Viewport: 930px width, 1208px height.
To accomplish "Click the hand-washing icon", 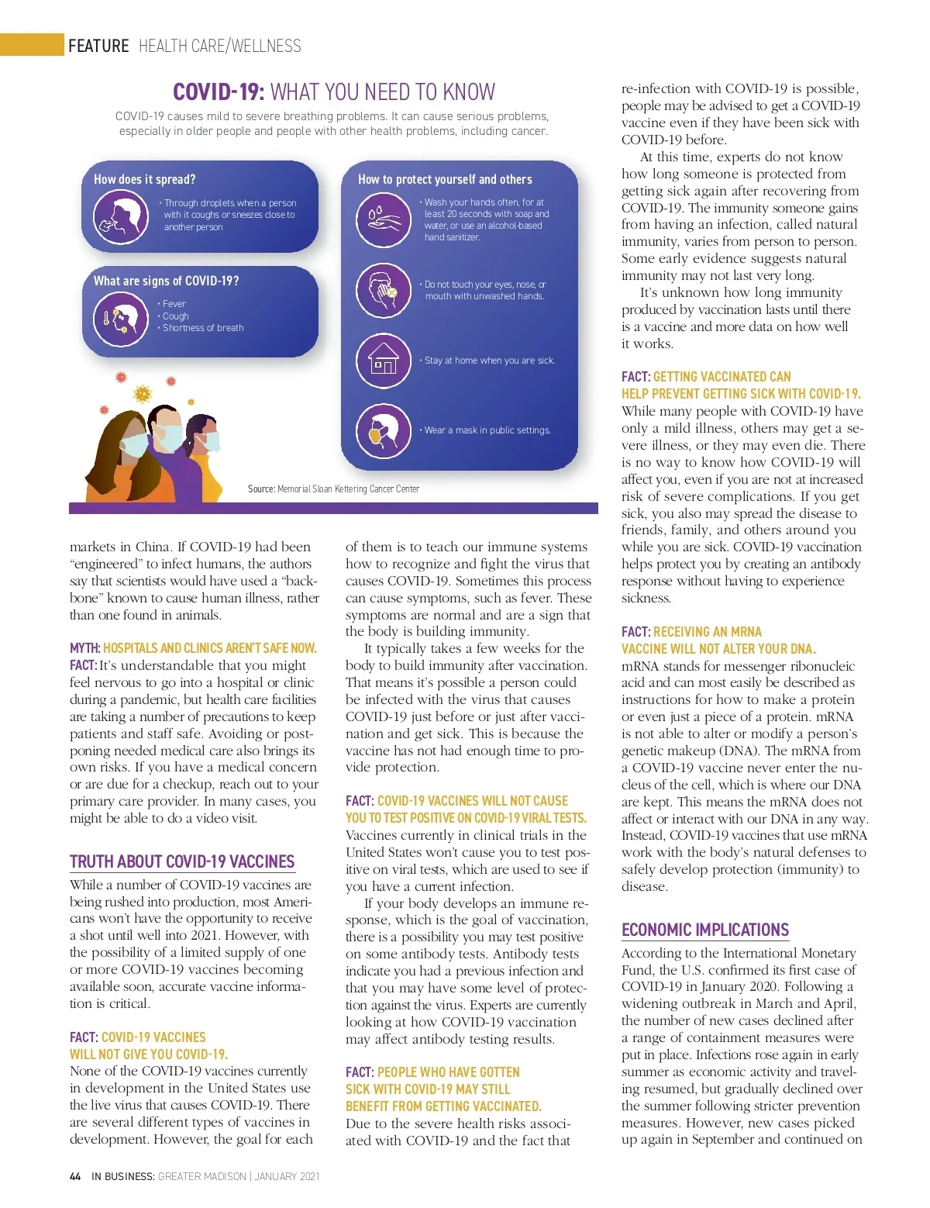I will tap(383, 219).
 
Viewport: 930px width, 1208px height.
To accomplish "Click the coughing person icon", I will tap(121, 216).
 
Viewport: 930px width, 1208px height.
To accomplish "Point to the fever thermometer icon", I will tap(121, 319).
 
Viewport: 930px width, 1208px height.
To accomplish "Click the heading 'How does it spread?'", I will tap(145, 179).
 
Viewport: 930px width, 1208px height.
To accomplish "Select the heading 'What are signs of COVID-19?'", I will tap(166, 281).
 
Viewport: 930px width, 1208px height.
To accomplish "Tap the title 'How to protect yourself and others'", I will tap(445, 179).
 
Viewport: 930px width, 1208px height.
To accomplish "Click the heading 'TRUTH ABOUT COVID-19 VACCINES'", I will tap(182, 861).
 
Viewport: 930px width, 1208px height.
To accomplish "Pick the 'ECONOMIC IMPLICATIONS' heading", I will tap(705, 930).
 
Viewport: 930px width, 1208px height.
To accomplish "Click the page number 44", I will tap(75, 1176).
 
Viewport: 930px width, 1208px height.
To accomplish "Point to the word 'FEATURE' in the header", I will tap(98, 46).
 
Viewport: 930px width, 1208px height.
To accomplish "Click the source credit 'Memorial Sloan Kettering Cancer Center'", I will tap(348, 489).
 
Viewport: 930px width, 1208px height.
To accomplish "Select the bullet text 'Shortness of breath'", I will tap(203, 328).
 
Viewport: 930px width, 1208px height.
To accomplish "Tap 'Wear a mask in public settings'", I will tap(487, 430).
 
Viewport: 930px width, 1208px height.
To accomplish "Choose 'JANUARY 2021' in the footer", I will tap(287, 1176).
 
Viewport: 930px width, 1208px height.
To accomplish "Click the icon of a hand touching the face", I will tap(383, 290).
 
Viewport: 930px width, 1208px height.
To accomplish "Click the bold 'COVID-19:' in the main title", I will tap(219, 92).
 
